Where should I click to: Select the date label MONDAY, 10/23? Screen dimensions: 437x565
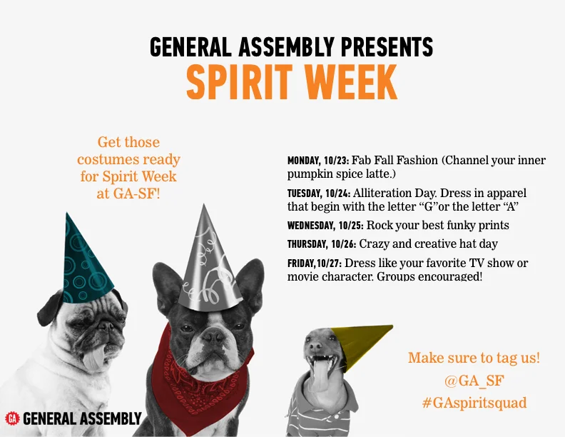[317, 161]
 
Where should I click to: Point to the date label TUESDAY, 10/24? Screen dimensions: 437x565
[317, 194]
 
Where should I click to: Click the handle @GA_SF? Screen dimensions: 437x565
[474, 381]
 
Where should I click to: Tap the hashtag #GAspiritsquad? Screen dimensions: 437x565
[474, 403]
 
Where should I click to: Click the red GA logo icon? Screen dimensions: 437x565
[12, 418]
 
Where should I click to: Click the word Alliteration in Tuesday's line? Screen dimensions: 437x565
[385, 194]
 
